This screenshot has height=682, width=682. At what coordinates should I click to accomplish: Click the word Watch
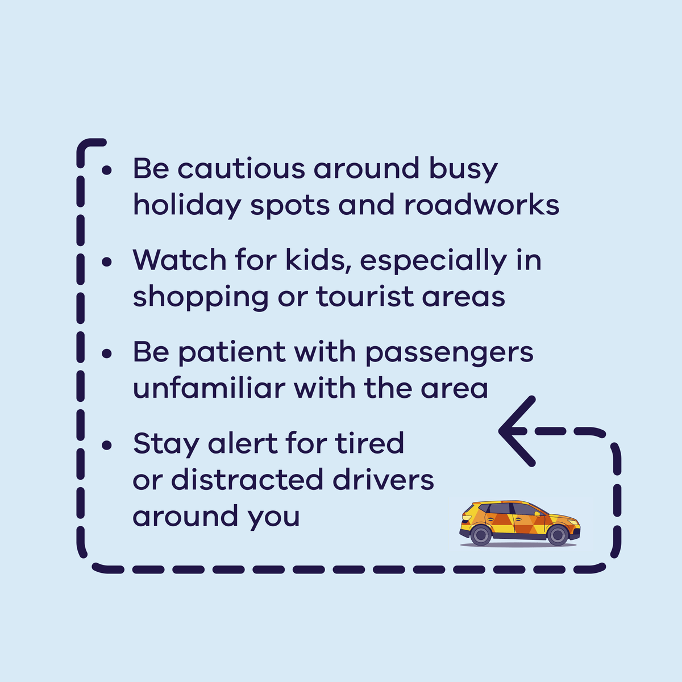coord(180,260)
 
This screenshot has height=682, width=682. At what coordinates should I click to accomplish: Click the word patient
coord(231,353)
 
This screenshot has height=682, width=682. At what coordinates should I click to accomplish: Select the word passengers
coord(449,353)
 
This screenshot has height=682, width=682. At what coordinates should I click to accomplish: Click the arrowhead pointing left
coord(514,431)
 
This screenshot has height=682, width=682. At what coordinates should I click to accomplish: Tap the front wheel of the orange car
coord(557,535)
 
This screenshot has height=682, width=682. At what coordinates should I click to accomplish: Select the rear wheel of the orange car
coord(481,535)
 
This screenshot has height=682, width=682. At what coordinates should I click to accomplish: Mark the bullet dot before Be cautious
coord(106,170)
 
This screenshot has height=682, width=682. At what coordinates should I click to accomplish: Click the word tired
coord(369,443)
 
